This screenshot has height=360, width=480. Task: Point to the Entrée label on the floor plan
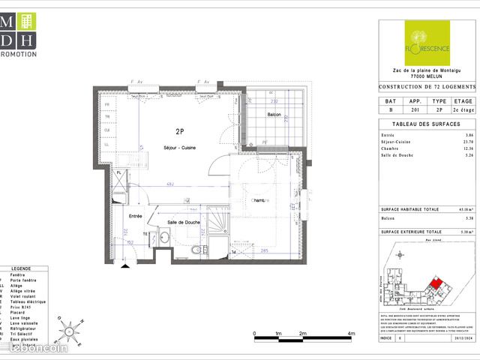[x=135, y=216]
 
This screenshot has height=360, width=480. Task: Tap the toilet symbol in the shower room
[x=196, y=251]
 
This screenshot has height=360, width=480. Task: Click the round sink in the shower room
[x=164, y=238]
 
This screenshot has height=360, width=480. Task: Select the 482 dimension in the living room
[x=170, y=184]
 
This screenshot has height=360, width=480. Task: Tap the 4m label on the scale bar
[x=351, y=333]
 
